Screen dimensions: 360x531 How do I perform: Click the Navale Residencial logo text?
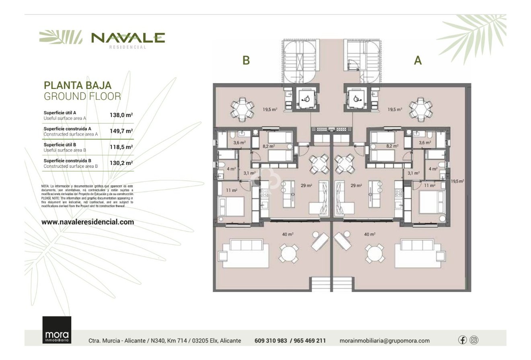[x=128, y=38]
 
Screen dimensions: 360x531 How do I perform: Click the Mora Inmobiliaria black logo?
[x=57, y=330]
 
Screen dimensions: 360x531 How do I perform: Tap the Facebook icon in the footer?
[x=462, y=340]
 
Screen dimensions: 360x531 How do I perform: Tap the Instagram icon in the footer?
[x=474, y=340]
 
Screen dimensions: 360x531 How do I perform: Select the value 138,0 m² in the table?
[x=121, y=115]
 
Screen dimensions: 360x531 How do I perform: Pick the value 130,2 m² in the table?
[x=121, y=163]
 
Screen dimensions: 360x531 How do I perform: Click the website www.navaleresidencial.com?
[x=88, y=222]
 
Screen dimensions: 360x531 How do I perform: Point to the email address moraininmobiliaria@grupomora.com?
[x=384, y=341]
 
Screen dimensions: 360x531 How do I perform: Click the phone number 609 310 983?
[x=271, y=341]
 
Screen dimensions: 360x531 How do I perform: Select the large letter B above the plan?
[x=246, y=60]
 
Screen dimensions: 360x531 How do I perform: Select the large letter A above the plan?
[x=418, y=60]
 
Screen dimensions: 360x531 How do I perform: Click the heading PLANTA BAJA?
[x=77, y=85]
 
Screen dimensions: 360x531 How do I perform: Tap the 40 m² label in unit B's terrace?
[x=287, y=234]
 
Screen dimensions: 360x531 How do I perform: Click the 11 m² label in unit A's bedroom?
[x=430, y=185]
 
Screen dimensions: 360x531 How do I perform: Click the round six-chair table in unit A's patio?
[x=420, y=109]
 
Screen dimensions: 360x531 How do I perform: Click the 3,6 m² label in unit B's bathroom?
[x=239, y=142]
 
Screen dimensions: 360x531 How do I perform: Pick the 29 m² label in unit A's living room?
[x=356, y=185]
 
